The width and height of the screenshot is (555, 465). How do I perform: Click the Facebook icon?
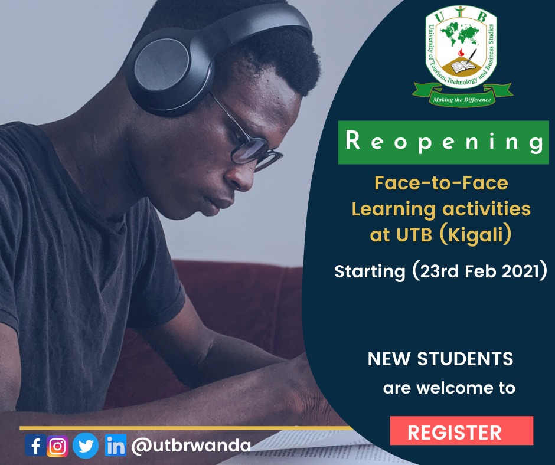[x=35, y=446]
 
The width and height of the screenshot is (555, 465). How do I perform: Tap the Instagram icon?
[x=58, y=446]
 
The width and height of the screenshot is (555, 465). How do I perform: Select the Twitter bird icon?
[x=86, y=446]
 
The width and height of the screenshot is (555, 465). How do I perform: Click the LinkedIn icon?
[x=115, y=446]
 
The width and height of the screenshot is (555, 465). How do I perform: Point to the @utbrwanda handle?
[x=191, y=445]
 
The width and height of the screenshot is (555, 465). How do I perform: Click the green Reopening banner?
[x=443, y=142]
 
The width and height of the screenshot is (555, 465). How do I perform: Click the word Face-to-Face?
[x=441, y=183]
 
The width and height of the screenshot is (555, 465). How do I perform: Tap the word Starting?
[x=368, y=272]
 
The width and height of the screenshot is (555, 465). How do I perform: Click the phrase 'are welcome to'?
[x=449, y=388]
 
